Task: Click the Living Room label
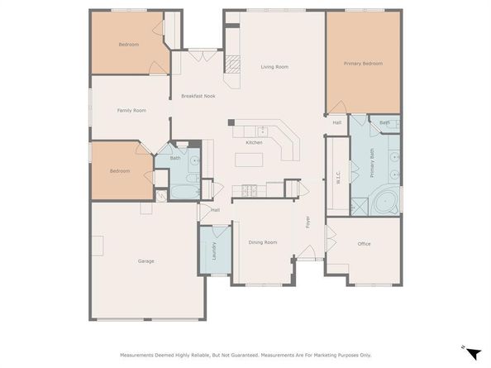click(274, 67)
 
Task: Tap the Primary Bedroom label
click(363, 64)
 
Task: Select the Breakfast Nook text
click(198, 96)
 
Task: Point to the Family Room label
click(131, 111)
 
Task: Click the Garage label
click(146, 261)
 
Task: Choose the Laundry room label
click(214, 251)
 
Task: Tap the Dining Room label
click(263, 242)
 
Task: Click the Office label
click(364, 244)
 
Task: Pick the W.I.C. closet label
click(338, 177)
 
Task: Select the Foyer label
click(307, 222)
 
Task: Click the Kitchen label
click(254, 142)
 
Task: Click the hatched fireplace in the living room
click(232, 65)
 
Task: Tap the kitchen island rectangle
click(249, 160)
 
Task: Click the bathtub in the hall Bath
click(185, 192)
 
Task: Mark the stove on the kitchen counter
click(249, 191)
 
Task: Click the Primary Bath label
click(372, 163)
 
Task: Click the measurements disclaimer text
click(245, 355)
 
